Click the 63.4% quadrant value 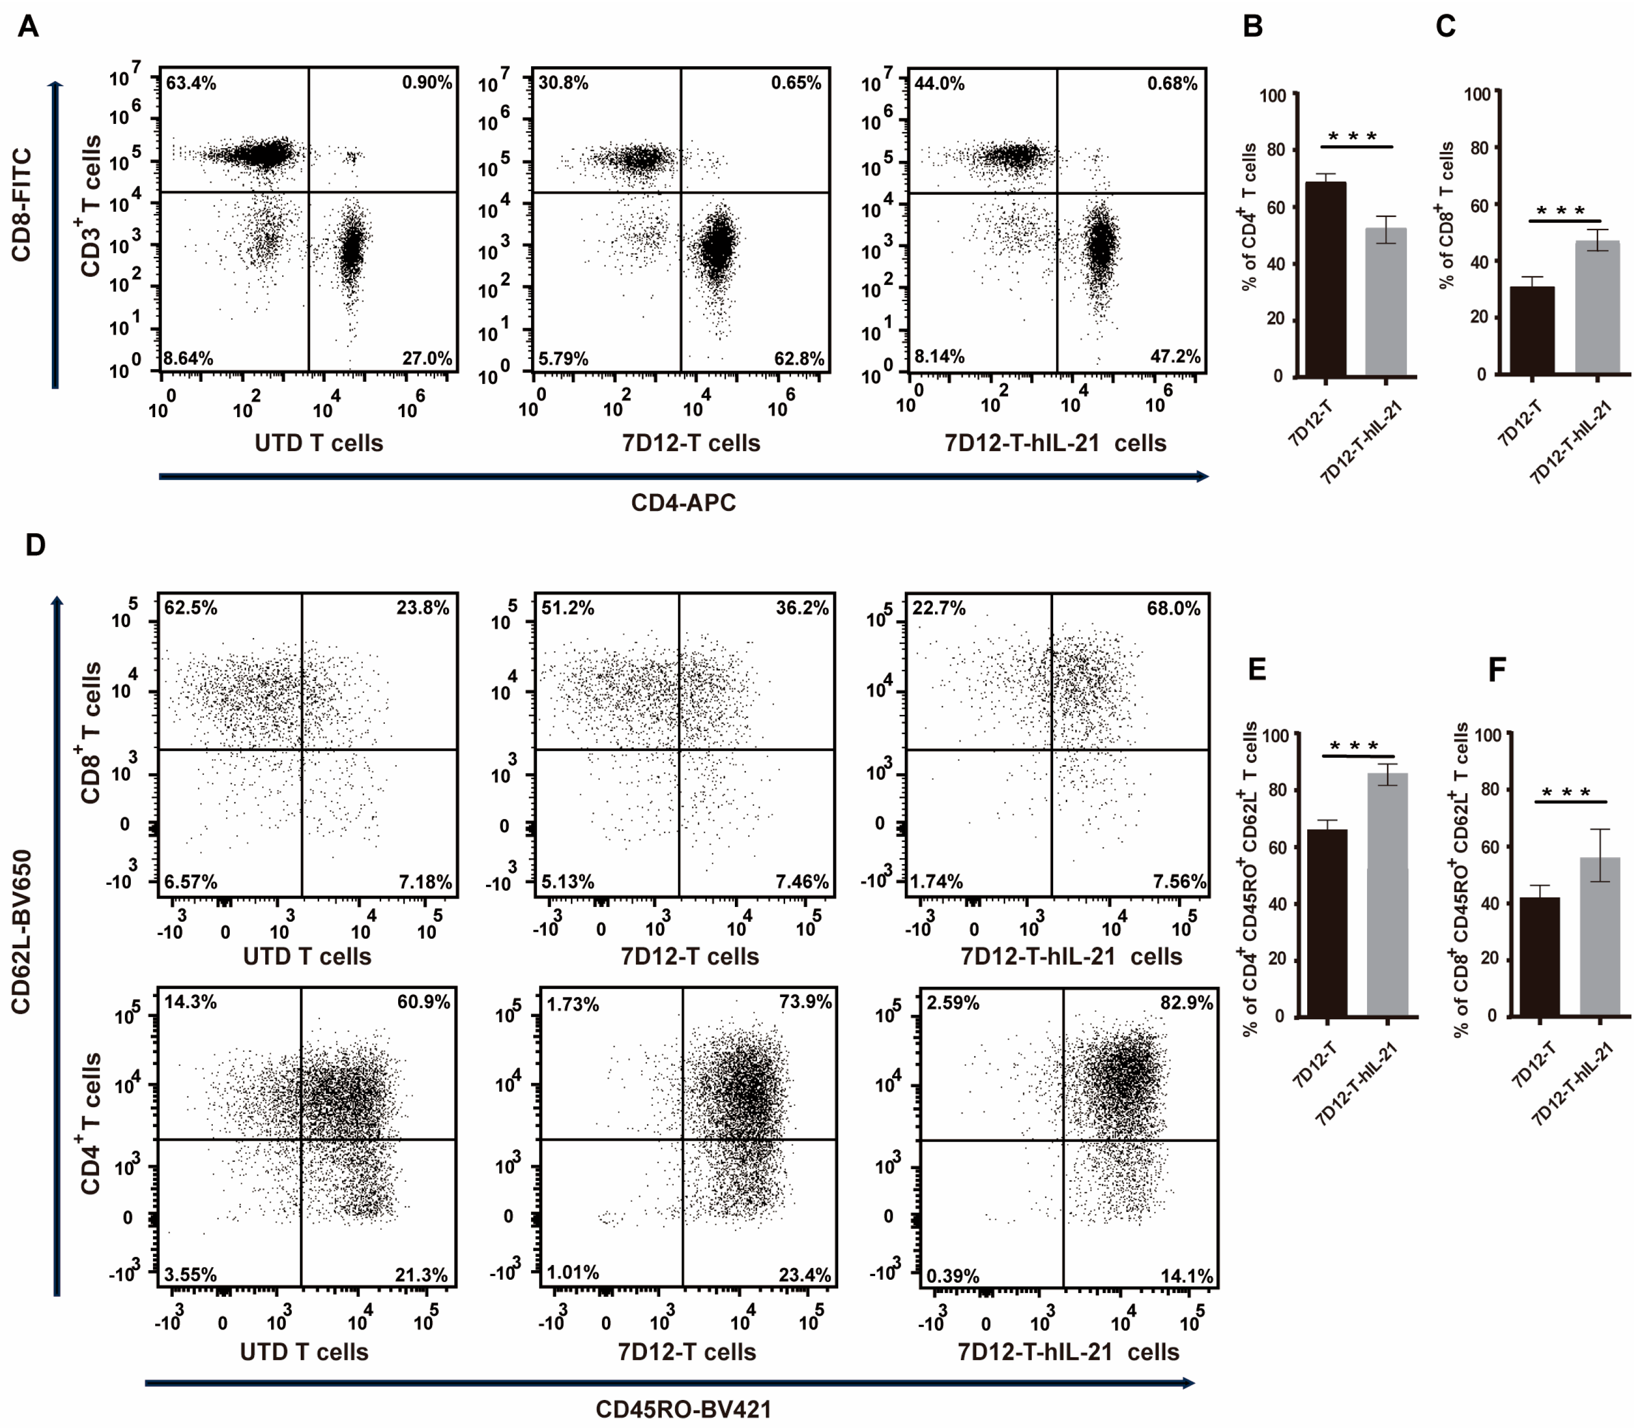(x=191, y=83)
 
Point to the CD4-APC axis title (x=683, y=503)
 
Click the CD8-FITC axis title (x=22, y=205)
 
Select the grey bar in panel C (x=1597, y=307)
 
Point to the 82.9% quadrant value (x=1186, y=1002)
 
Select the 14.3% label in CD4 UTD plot (x=191, y=1002)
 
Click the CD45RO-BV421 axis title (x=683, y=1409)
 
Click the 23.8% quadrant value (x=423, y=608)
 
